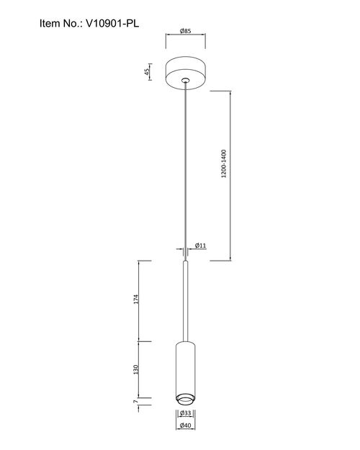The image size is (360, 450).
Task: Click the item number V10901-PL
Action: [x=112, y=23]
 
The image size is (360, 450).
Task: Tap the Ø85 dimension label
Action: [x=186, y=31]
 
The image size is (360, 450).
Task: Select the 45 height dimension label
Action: [x=147, y=72]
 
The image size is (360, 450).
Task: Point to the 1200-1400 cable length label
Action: [x=224, y=163]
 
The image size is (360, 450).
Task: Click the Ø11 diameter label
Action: [x=201, y=246]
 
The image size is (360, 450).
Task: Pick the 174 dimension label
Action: [x=136, y=299]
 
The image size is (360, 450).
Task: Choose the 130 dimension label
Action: [x=136, y=369]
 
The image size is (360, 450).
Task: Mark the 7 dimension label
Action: [x=136, y=402]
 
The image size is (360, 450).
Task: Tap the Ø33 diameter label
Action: [x=186, y=413]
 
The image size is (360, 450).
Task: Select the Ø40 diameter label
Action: [x=186, y=426]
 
